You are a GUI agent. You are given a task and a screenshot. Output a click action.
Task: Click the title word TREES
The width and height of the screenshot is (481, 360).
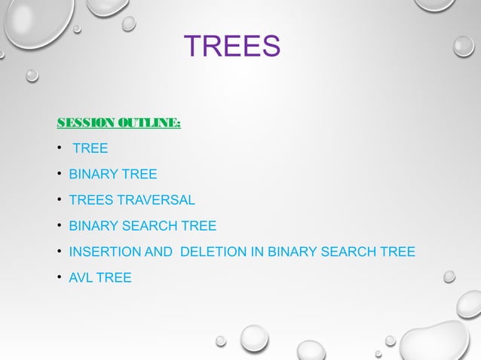[232, 47]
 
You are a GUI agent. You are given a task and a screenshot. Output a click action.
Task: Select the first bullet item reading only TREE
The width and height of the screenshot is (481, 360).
[90, 148]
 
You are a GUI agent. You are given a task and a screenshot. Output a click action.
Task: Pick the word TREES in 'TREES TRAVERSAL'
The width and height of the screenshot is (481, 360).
[88, 200]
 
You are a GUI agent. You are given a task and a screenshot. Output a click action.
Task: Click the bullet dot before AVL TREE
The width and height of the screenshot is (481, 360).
[60, 278]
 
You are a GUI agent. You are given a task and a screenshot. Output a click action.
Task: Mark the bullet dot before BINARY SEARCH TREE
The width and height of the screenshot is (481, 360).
[60, 226]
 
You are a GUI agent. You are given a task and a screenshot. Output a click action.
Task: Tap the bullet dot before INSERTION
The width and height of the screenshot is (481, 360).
[60, 252]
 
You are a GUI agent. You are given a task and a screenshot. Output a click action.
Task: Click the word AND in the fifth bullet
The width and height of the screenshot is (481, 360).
[158, 252]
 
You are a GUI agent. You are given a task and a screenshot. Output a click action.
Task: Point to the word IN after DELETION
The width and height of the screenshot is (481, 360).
[255, 252]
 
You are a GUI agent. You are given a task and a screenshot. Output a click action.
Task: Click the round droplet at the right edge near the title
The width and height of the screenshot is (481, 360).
[463, 46]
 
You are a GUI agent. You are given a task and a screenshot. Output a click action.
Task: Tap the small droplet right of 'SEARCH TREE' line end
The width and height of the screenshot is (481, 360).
[449, 276]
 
